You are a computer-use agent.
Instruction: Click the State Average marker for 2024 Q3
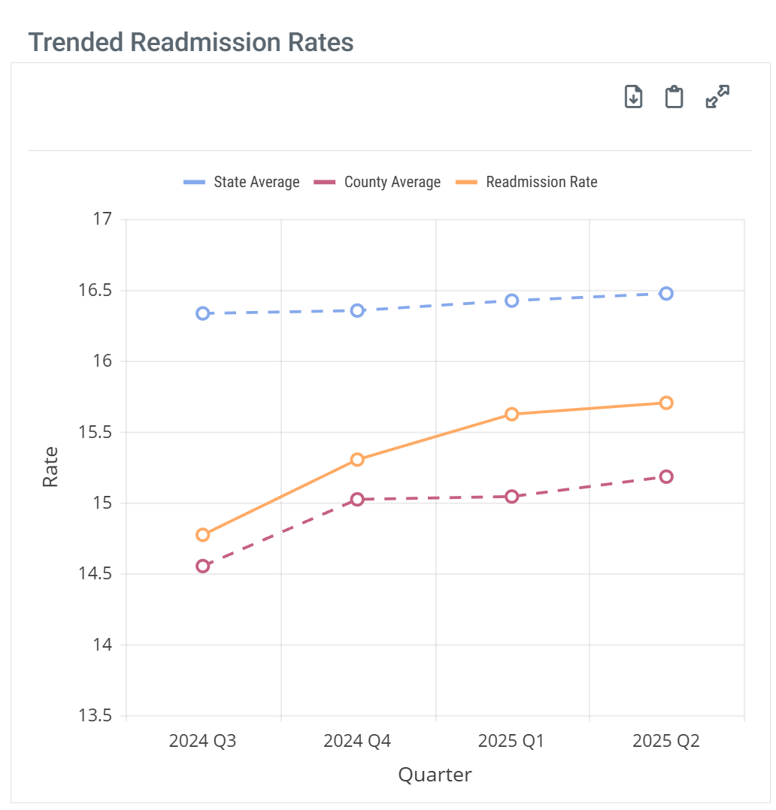(x=202, y=313)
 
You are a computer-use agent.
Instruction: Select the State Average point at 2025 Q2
(x=666, y=293)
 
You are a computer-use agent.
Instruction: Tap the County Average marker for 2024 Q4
(x=357, y=499)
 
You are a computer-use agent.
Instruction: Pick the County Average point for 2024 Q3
(x=202, y=566)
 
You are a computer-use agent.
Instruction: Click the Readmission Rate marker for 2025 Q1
(x=512, y=414)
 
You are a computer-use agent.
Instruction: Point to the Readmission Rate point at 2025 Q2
(x=666, y=403)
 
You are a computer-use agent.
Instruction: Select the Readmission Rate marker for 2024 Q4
(x=357, y=459)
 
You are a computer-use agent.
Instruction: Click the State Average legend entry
(x=241, y=182)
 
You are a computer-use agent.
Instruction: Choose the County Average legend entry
(x=377, y=182)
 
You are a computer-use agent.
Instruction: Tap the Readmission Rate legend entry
(x=526, y=182)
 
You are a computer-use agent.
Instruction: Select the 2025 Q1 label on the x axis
(x=511, y=742)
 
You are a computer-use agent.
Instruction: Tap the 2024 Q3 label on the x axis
(x=202, y=742)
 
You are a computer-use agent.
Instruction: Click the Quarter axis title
(x=435, y=775)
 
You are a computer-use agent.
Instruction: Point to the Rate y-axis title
(x=50, y=467)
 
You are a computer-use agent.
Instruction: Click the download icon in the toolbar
(x=634, y=97)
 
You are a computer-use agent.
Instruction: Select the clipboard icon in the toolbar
(x=674, y=97)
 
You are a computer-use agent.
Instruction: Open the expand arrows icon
(x=717, y=97)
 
